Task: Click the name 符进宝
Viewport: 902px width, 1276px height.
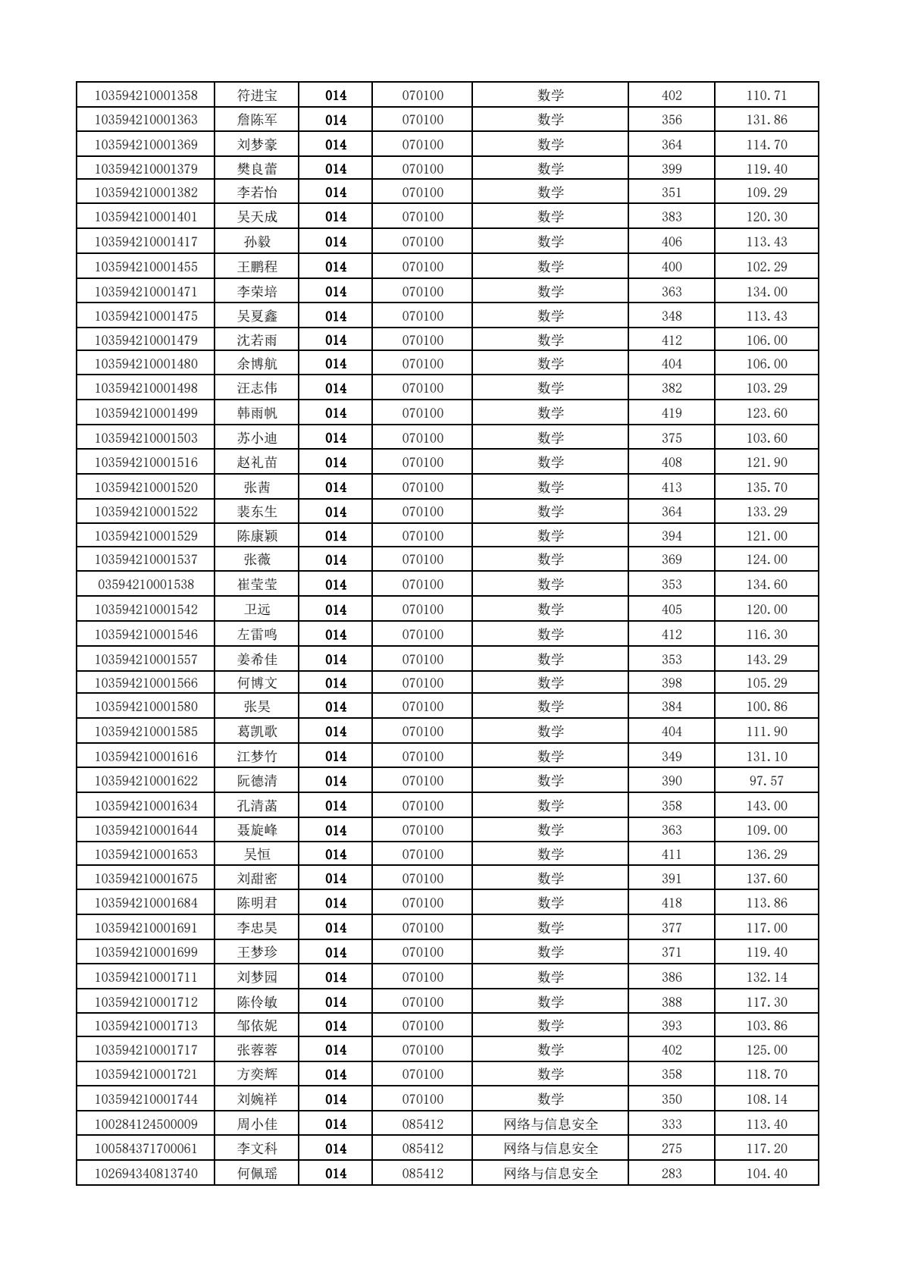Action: tap(257, 96)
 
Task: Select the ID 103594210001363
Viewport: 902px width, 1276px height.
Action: tap(146, 120)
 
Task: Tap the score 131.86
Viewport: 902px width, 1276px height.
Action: tap(766, 120)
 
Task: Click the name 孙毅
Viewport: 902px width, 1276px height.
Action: tap(257, 242)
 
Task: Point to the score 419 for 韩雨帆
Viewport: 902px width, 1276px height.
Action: tap(672, 413)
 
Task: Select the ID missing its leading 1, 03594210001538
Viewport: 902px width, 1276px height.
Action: tap(146, 585)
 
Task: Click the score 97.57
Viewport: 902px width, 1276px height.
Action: tap(766, 781)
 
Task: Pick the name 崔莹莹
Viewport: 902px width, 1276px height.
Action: tap(257, 585)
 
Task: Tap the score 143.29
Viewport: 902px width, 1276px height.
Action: tap(766, 660)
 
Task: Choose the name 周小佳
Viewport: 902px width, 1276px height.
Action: tap(257, 1124)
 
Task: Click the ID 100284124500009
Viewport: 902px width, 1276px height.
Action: tap(146, 1124)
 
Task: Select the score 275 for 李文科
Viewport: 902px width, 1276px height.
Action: tap(672, 1149)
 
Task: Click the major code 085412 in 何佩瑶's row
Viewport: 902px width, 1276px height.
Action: tap(422, 1174)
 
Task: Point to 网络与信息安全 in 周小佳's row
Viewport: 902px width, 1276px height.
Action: tap(551, 1124)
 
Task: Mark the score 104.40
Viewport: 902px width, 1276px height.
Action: tap(766, 1174)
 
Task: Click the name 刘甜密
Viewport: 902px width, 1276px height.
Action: tap(257, 879)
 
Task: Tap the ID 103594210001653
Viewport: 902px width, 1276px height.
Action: tap(146, 854)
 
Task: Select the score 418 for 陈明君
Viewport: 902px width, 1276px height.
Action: tap(672, 903)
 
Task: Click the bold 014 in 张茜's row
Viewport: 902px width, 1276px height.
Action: tap(336, 488)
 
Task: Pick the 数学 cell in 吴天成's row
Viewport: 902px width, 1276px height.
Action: tap(551, 217)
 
